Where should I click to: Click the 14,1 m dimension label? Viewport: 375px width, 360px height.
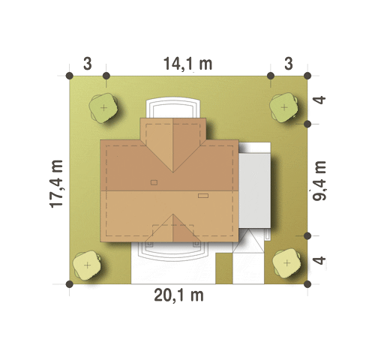pos(187,64)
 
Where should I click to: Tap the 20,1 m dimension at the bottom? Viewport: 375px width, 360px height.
pos(178,295)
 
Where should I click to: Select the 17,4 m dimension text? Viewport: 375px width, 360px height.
pos(57,184)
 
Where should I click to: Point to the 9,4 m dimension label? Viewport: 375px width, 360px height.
pos(319,181)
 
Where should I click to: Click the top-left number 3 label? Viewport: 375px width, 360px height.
pos(88,64)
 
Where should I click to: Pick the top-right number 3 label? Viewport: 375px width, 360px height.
pos(289,64)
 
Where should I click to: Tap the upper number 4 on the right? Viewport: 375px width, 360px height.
pos(319,100)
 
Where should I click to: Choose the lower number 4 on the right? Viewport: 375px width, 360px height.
pos(319,260)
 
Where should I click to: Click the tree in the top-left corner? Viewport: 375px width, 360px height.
pos(103,108)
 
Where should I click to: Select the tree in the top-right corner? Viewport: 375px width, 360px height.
pos(284,107)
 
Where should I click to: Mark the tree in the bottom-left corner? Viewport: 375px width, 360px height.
pos(87,265)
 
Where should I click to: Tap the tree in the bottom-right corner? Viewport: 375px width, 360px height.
pos(286,263)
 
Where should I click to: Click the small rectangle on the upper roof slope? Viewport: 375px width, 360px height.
pos(154,182)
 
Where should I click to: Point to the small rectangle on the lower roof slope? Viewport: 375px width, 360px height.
pos(203,196)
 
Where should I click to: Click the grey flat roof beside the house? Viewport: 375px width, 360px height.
pos(255,190)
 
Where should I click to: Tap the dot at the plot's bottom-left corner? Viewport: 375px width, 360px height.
pos(70,284)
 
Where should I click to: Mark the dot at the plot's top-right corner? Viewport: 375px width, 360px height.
pos(307,76)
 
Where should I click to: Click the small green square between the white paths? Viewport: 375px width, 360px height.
pos(224,268)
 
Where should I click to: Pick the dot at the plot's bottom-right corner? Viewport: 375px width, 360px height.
pos(307,284)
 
